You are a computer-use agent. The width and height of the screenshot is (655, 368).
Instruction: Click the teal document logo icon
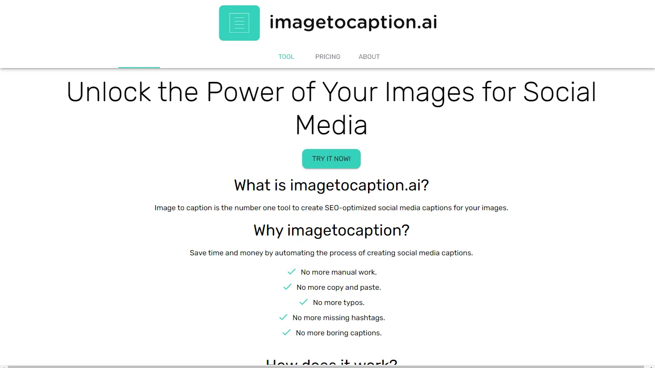point(239,23)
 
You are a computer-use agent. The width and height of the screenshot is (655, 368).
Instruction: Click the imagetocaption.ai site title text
point(353,22)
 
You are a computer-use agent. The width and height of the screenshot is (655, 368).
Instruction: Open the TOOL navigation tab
point(286,57)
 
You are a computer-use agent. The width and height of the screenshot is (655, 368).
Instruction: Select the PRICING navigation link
point(327,57)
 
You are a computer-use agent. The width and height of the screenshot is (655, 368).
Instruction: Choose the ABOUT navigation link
point(369,57)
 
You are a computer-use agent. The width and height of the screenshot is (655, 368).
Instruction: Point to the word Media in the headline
point(331,125)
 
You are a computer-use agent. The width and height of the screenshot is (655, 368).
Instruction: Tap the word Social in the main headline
point(560,92)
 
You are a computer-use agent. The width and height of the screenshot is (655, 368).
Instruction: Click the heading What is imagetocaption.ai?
point(331,185)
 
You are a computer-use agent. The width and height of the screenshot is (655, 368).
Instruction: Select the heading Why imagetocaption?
point(331,230)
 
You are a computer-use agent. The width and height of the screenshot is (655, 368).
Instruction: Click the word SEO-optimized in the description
point(350,208)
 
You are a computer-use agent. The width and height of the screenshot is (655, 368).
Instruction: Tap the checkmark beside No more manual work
point(291,272)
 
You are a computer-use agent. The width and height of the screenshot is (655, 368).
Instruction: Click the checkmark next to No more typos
point(303,302)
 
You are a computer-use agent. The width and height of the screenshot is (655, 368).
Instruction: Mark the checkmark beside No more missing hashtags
point(283,317)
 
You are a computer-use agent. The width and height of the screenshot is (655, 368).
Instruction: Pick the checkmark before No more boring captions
point(287,333)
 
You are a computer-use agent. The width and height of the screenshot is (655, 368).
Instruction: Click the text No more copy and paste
point(339,287)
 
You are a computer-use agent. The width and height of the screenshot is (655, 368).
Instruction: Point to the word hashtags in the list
point(368,318)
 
